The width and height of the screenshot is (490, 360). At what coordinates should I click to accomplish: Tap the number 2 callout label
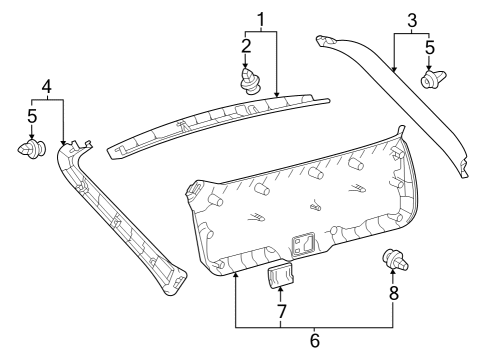point(246,45)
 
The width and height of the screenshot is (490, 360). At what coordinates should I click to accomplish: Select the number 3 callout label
point(411,18)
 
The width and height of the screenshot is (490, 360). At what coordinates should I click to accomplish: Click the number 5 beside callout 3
point(429,45)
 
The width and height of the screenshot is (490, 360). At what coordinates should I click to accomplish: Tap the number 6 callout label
point(314,340)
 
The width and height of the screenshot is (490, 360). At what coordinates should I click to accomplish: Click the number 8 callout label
point(393,293)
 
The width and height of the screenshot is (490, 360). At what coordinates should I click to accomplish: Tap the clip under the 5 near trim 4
point(32,151)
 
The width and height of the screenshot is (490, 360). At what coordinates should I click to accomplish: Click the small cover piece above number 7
point(280,274)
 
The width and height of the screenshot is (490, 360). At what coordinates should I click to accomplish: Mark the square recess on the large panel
point(303,244)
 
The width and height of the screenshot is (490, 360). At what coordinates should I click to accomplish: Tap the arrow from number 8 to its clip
point(393,278)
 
